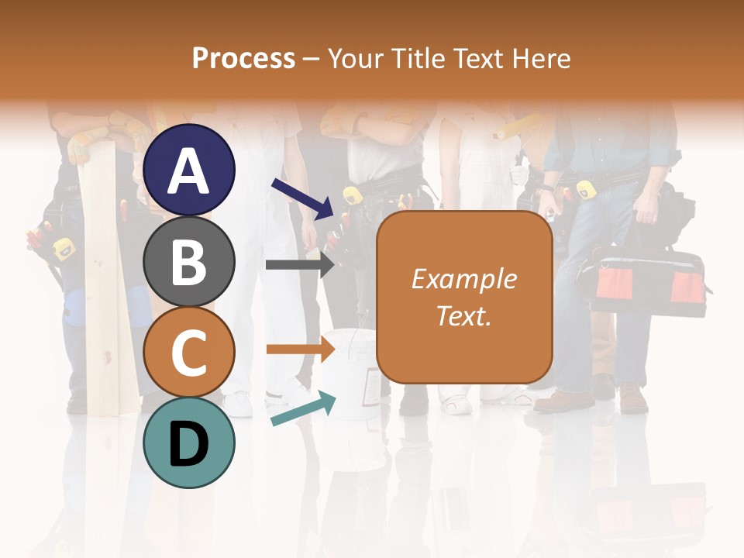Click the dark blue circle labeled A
(188, 170)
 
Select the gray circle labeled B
(188, 261)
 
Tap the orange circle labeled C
(188, 353)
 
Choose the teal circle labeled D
(188, 443)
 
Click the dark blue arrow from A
(302, 198)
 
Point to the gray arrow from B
(299, 264)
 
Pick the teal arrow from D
(303, 409)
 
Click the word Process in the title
(243, 58)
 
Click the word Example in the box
(464, 279)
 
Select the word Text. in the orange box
(464, 315)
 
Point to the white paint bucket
(349, 372)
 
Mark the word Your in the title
(355, 58)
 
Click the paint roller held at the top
(518, 127)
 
